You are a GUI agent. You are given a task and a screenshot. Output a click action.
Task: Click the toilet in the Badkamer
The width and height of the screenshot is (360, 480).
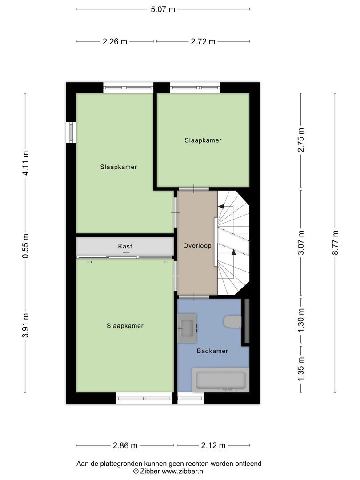point(232,321)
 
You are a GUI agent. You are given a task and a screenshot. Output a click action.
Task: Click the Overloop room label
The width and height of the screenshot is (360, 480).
point(197,245)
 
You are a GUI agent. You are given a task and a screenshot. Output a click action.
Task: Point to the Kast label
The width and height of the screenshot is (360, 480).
point(125,246)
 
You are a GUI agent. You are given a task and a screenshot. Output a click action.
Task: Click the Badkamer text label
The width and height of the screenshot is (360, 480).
point(212,351)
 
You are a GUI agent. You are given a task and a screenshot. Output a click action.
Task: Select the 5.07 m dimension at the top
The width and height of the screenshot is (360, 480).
point(163,9)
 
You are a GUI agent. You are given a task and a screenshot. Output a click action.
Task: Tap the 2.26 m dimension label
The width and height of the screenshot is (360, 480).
point(115,41)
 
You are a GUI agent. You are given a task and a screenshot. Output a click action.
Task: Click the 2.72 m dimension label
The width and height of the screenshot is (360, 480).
point(203,41)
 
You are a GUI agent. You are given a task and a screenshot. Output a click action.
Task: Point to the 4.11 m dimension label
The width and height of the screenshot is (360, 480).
point(25,164)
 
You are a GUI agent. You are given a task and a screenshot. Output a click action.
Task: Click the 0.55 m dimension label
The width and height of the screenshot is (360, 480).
point(25,246)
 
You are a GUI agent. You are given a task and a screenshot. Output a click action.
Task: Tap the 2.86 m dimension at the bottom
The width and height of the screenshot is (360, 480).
point(125,445)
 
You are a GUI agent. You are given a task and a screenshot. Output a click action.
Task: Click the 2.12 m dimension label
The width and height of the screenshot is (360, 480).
point(213,445)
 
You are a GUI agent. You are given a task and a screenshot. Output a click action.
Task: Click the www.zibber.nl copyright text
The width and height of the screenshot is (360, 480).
point(169,471)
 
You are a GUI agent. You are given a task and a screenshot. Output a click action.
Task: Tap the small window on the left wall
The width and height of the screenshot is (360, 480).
point(70,132)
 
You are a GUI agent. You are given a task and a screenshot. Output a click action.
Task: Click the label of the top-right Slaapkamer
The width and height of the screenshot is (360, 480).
point(203,140)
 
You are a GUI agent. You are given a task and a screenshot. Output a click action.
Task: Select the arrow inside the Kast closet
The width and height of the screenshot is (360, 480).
point(126,252)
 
